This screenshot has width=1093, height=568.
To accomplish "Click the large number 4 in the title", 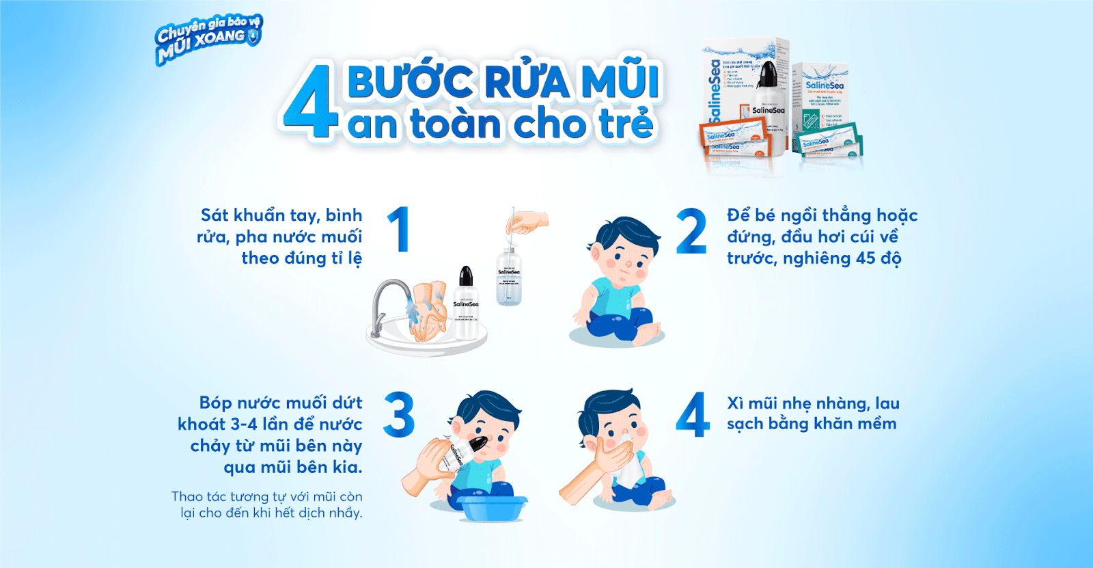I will tap(309, 103).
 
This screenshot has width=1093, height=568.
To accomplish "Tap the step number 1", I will tap(399, 230).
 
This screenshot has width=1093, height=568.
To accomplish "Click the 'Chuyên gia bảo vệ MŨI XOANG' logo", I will tap(208, 40).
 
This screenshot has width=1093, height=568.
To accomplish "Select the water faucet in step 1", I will tap(388, 301).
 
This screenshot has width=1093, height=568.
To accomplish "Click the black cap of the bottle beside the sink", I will tap(466, 276).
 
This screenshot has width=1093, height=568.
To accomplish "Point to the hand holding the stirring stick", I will tap(529, 221).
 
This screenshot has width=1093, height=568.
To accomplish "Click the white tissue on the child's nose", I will tap(629, 458).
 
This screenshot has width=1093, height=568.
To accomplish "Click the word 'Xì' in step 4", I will tap(735, 403).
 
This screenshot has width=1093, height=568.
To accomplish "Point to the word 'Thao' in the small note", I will tap(186, 497).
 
